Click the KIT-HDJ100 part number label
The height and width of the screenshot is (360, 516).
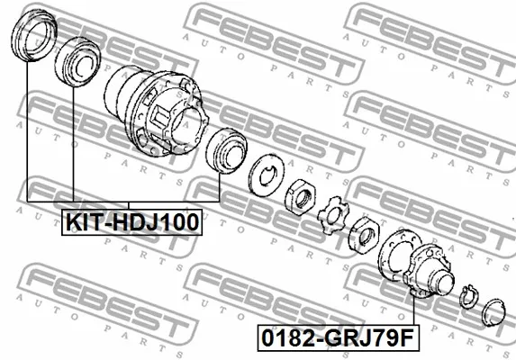tap(131, 222)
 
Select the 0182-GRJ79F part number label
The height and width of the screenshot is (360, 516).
tap(338, 338)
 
